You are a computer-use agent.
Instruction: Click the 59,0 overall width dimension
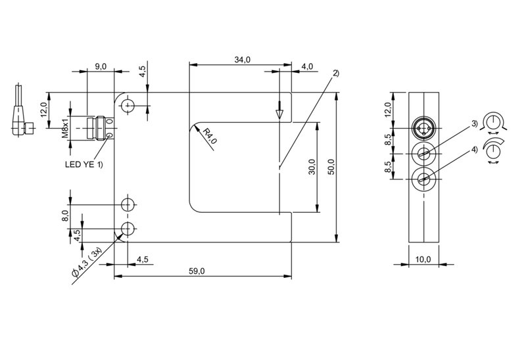point(197,271)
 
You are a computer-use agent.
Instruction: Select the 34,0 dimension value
point(242,60)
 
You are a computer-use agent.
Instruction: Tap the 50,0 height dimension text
point(331,167)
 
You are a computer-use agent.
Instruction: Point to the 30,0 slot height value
point(312,167)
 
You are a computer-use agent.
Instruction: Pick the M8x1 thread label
point(64,128)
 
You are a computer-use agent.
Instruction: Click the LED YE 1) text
point(84,164)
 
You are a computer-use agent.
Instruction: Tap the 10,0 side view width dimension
point(423,259)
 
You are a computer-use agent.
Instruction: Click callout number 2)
point(336,73)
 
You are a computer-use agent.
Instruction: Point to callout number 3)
point(474,124)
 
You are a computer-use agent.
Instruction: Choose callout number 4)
point(474,150)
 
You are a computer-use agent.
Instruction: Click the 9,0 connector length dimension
point(101,66)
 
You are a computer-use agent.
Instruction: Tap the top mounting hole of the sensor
point(128,106)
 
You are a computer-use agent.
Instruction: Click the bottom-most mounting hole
point(128,229)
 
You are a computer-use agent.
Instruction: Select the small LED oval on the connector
point(110,135)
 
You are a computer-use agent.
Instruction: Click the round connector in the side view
point(424,128)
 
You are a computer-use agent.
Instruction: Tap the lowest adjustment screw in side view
point(424,179)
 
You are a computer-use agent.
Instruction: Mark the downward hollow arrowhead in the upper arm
point(279,114)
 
